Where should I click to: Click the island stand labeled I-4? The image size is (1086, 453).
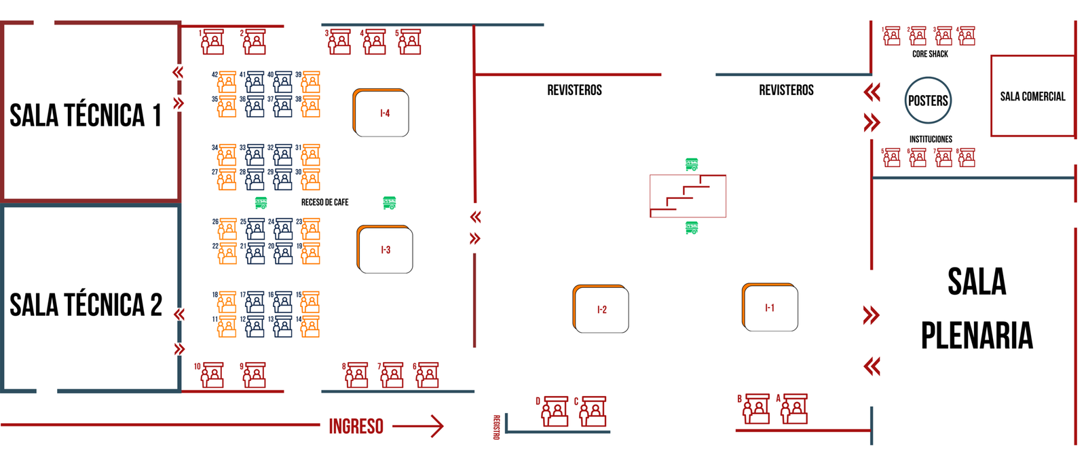(381, 113)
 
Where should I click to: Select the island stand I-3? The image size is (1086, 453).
(385, 250)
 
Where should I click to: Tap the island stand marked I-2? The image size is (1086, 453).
(601, 310)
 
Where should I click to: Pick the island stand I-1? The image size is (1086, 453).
(770, 308)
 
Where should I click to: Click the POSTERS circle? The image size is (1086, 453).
(928, 101)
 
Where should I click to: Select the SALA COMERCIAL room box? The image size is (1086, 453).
(1032, 96)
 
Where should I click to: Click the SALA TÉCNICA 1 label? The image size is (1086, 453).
(86, 115)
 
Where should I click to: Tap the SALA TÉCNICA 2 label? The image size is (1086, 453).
(86, 305)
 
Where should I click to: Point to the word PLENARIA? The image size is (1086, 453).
(977, 336)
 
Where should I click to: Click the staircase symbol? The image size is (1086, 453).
(688, 196)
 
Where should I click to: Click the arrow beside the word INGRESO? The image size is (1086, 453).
(418, 427)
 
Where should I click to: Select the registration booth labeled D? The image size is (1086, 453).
(555, 412)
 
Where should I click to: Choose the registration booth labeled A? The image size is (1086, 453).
(795, 409)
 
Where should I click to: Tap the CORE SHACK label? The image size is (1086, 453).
(930, 54)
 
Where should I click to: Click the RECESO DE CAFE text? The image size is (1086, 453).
(324, 202)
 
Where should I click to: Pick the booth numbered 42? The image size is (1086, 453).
(227, 82)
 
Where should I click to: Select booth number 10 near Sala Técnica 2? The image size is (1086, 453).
(212, 375)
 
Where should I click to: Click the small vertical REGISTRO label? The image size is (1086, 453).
(496, 427)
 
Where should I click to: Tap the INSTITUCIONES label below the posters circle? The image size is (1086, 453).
(931, 139)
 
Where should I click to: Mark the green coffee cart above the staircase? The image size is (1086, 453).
(692, 164)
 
